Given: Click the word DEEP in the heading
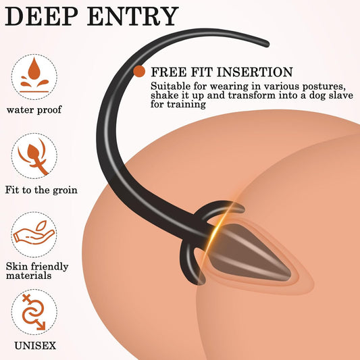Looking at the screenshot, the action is tap(42, 16).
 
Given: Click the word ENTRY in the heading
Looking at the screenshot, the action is tap(132, 16).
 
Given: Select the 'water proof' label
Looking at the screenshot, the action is tap(34, 109).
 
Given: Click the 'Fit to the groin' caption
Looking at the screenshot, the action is tap(41, 190).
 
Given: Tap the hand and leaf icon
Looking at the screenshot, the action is tap(34, 234).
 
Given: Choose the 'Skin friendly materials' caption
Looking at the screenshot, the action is tap(37, 271).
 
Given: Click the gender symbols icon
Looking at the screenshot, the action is tap(34, 312).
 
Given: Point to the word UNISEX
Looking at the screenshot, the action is tap(35, 346).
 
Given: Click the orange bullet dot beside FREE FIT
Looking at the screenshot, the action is tap(139, 71).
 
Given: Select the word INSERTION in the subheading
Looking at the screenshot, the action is tap(255, 72).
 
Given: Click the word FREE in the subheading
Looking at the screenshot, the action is tap(168, 72).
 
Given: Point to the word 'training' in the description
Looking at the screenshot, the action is tap(186, 105).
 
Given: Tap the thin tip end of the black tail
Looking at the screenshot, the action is tap(267, 44).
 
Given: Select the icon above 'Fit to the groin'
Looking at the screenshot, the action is tap(34, 156).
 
